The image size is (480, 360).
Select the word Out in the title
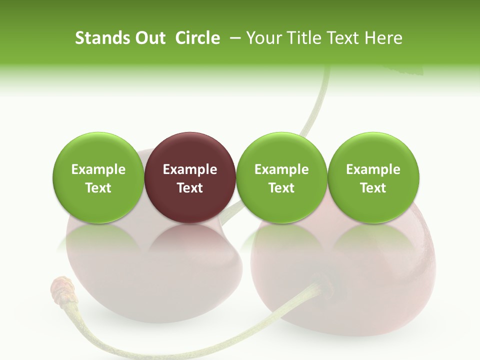(x=149, y=38)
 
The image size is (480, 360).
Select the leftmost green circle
(x=98, y=177)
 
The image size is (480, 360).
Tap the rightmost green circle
(x=373, y=177)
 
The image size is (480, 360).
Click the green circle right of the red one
(x=281, y=177)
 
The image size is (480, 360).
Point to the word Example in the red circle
(x=190, y=169)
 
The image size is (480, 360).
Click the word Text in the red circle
(x=190, y=188)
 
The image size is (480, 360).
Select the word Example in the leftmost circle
(x=98, y=169)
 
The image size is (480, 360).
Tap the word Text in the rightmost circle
(x=373, y=188)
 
